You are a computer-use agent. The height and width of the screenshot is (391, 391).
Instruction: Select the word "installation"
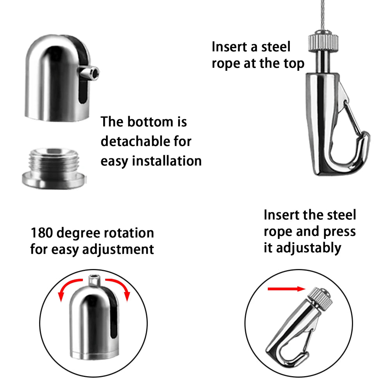click(167, 161)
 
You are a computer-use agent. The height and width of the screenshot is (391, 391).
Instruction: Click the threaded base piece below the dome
click(54, 168)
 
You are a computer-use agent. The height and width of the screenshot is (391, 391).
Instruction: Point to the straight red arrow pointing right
click(287, 289)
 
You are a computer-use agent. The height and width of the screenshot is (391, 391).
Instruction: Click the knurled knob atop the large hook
click(323, 41)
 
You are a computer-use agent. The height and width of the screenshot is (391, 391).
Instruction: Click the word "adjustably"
click(309, 248)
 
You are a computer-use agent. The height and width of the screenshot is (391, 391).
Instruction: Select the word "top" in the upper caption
click(294, 64)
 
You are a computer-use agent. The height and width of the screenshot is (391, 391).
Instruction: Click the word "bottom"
click(151, 122)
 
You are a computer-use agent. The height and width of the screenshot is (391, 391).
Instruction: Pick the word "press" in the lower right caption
click(339, 232)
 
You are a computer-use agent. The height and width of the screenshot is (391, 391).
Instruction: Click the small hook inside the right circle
click(299, 329)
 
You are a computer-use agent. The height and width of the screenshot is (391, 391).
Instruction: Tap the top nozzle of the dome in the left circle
click(95, 280)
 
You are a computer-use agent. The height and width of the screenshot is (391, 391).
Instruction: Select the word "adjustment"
click(118, 249)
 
